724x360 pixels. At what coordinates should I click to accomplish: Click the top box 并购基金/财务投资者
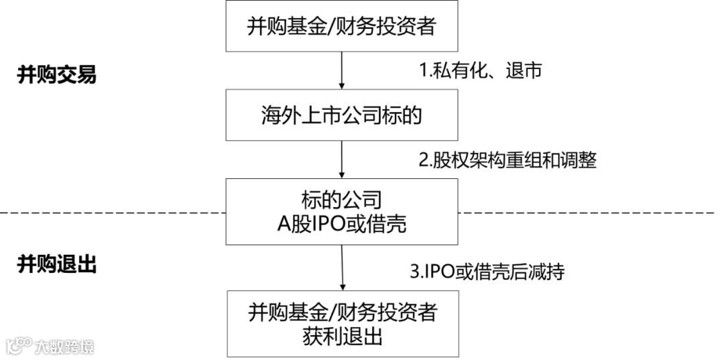(342, 27)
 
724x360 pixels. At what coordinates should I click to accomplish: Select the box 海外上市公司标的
(342, 116)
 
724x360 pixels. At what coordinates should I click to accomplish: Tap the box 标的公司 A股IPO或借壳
(342, 211)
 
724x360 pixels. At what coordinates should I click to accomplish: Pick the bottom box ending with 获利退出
(342, 323)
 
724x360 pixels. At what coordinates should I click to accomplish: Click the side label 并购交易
(56, 75)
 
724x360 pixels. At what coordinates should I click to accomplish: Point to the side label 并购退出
(56, 265)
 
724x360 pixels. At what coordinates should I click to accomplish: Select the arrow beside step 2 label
(342, 160)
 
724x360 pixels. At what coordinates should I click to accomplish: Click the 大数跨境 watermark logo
(50, 346)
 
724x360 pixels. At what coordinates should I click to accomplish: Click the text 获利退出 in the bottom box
(342, 335)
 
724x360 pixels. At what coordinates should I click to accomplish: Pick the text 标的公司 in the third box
(342, 199)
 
